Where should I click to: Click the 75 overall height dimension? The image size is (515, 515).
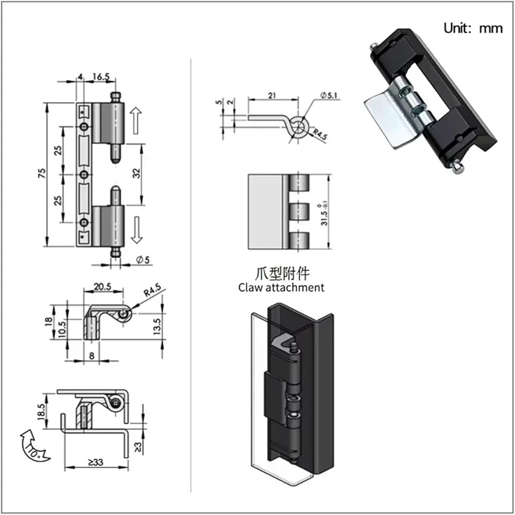pos(42,173)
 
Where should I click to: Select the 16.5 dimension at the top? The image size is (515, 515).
pos(101,77)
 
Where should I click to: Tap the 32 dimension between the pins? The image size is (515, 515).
pos(136,173)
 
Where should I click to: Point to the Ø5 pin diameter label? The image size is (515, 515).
pos(143,260)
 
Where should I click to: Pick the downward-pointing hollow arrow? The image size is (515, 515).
pos(136,230)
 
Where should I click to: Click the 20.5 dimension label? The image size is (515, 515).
pos(102,287)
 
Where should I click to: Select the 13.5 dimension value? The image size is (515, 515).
pos(157,326)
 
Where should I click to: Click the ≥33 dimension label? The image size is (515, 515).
pos(96,462)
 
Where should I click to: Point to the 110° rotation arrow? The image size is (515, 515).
pos(34,446)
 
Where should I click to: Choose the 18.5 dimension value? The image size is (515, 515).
pos(42,411)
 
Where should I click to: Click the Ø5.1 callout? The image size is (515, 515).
pos(329,95)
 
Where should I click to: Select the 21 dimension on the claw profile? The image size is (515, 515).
pos(272,95)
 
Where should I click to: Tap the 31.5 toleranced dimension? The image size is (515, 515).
pos(324,214)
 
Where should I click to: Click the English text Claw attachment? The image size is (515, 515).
pos(281,287)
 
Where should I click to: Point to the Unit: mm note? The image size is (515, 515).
pos(473,28)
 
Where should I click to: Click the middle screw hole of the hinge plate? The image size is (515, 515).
pos(84,175)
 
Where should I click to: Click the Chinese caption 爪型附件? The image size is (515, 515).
pos(282,273)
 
